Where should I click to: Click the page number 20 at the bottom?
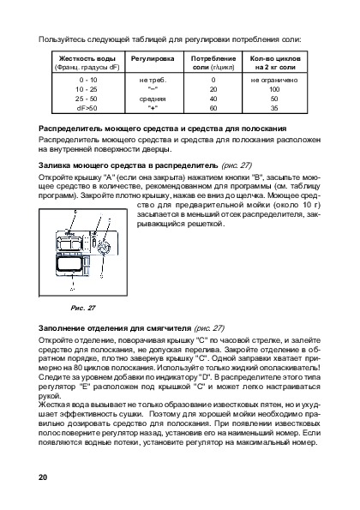[x=43, y=477]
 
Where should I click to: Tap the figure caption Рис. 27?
[x=83, y=308]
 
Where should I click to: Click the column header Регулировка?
[x=153, y=58]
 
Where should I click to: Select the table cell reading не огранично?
[x=274, y=80]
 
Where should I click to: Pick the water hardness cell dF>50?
[x=87, y=108]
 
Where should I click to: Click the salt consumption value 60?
[x=213, y=108]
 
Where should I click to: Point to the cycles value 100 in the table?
[x=274, y=89]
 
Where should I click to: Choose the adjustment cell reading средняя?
[x=153, y=99]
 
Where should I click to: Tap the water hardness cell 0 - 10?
[x=88, y=80]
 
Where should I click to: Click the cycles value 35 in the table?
[x=274, y=108]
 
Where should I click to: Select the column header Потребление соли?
[x=213, y=63]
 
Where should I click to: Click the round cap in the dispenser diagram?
[x=104, y=249]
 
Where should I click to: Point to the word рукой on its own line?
[x=50, y=396]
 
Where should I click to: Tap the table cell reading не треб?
[x=153, y=80]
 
